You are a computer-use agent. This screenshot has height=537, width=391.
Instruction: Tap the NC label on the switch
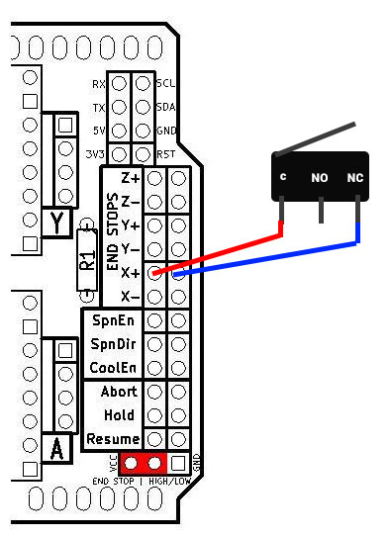click(x=355, y=178)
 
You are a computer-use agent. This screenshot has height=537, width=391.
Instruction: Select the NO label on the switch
click(x=320, y=179)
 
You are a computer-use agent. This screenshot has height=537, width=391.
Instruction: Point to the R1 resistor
click(x=88, y=260)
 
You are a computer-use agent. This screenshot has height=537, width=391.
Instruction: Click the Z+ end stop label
click(x=131, y=179)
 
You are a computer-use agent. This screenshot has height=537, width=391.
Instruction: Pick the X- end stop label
click(x=131, y=296)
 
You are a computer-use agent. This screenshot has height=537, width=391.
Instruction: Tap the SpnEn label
click(x=112, y=320)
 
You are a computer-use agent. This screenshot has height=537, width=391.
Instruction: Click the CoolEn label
click(x=112, y=368)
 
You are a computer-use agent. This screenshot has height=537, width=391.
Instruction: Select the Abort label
click(x=118, y=392)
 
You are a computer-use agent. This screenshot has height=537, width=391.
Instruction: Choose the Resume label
click(x=113, y=439)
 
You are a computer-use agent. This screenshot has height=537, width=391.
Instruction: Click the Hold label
click(x=119, y=415)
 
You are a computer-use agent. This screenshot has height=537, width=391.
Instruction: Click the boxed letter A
click(x=56, y=449)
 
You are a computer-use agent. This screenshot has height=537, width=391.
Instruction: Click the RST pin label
click(x=166, y=154)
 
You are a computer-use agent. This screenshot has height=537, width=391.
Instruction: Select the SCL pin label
click(x=166, y=84)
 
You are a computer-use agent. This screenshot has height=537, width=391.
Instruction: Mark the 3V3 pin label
click(x=96, y=154)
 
